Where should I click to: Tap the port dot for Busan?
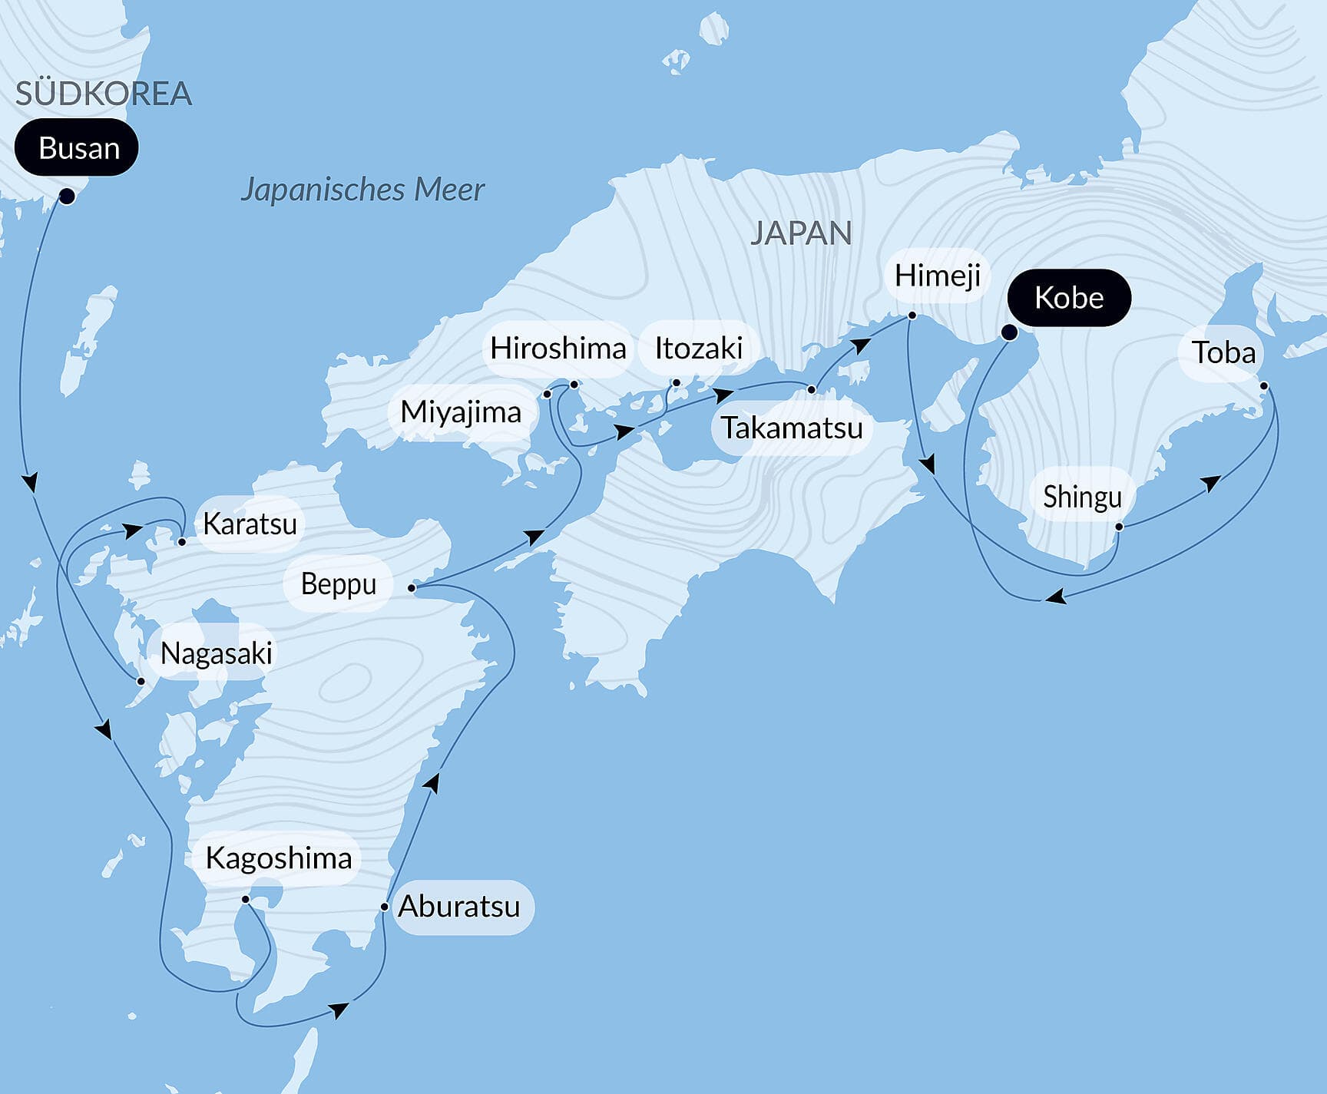click(67, 197)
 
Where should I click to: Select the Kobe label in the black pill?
click(1068, 298)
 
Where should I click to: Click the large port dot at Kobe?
click(1010, 332)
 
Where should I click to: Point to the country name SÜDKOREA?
click(103, 94)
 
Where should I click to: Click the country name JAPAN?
click(801, 233)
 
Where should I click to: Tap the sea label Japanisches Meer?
click(362, 190)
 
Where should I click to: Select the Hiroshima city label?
click(558, 349)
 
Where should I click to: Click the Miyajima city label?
click(461, 412)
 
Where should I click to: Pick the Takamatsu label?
click(792, 428)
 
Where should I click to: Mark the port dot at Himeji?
click(912, 316)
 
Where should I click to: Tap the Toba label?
click(1223, 352)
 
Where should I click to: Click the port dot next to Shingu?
click(1119, 527)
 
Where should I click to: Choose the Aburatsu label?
click(459, 907)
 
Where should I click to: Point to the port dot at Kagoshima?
click(246, 899)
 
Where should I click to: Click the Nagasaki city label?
click(217, 653)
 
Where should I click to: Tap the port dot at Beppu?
click(412, 588)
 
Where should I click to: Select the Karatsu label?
click(250, 524)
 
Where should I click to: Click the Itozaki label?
click(698, 349)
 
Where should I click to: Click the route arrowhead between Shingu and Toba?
click(1211, 484)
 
